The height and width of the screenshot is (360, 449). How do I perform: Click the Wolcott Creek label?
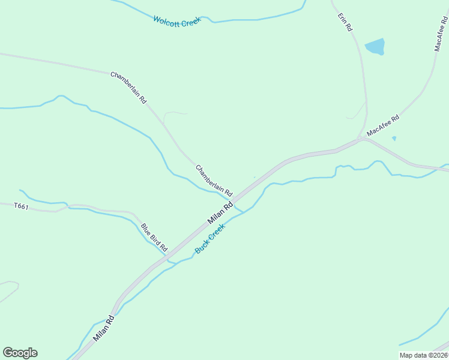coord(176,21)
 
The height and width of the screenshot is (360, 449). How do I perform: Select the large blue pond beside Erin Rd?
coord(375,47)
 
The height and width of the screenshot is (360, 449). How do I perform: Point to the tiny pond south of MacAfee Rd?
coord(394,139)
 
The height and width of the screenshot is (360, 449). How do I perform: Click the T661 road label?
coord(22,206)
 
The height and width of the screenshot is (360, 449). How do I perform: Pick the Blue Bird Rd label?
coord(154,238)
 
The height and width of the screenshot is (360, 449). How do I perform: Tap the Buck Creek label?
coord(209,239)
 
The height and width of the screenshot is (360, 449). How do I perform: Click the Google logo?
coord(20,353)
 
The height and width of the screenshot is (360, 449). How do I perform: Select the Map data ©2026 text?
coord(423,355)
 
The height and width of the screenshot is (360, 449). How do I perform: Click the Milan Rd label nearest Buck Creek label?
coord(220,214)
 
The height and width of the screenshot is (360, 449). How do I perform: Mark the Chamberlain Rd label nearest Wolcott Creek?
coord(128,88)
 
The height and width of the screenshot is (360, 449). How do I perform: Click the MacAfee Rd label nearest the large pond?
coord(441,34)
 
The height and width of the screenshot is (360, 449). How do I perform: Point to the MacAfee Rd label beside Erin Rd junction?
coord(383,127)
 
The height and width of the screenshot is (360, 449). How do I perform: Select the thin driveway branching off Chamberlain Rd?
coord(174,113)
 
